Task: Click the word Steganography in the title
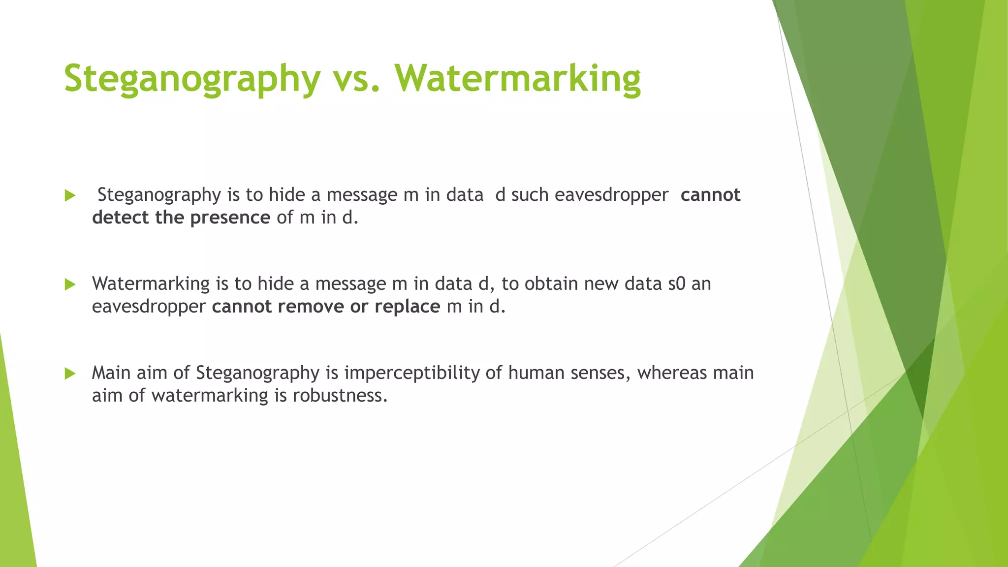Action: (x=192, y=79)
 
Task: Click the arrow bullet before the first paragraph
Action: (x=70, y=196)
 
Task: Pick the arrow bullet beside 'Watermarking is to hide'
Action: (x=70, y=284)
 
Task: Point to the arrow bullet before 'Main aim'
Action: (x=70, y=374)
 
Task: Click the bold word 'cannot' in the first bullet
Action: (x=710, y=195)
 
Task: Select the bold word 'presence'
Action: (x=230, y=218)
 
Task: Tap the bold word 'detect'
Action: (x=120, y=218)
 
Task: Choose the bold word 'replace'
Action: (x=407, y=307)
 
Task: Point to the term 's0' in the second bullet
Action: (x=676, y=284)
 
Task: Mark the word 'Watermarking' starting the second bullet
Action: (x=151, y=284)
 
